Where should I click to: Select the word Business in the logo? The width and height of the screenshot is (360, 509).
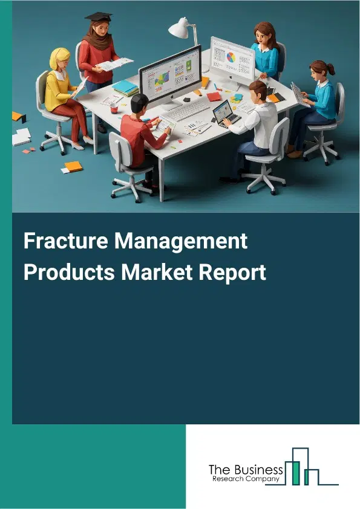261,470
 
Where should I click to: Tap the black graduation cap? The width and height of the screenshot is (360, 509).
98,16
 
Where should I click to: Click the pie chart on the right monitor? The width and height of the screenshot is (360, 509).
232,57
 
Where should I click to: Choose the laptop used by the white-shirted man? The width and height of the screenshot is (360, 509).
225,113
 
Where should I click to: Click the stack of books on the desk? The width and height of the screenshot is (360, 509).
125,88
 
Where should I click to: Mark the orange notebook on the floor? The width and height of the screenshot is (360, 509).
73,166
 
